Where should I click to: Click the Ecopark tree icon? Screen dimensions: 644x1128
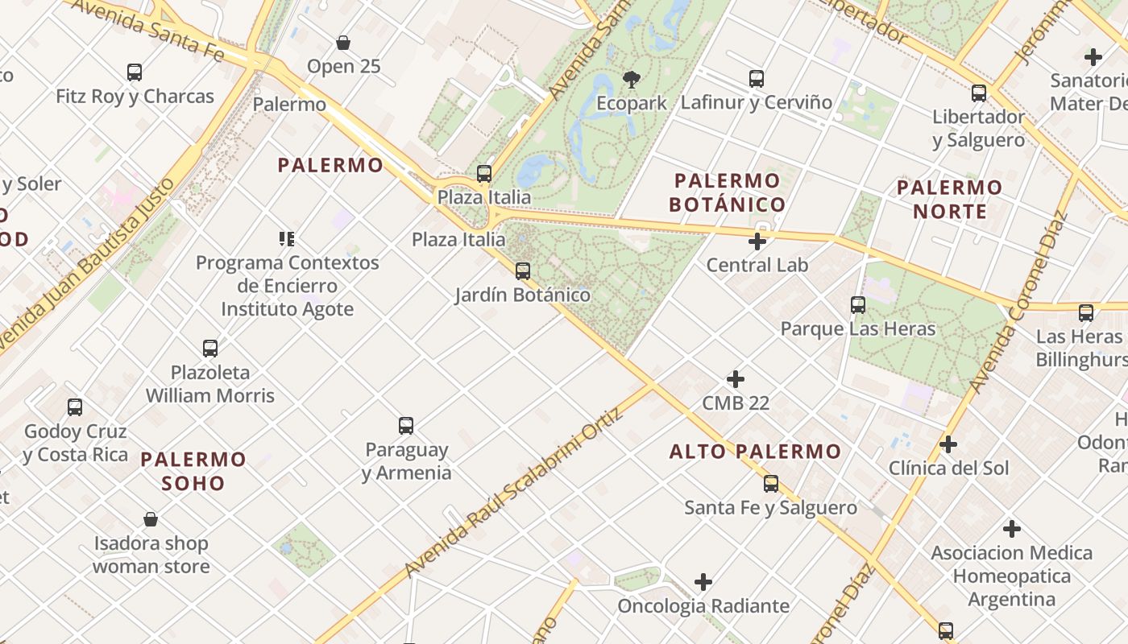tap(632, 79)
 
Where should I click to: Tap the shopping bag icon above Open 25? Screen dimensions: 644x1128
tap(343, 42)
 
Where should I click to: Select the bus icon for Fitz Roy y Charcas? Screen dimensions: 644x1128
tap(135, 72)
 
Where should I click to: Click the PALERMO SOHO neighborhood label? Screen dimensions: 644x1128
tap(193, 471)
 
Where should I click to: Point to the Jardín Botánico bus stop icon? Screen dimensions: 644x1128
tap(523, 270)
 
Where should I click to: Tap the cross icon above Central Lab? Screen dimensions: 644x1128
tap(757, 241)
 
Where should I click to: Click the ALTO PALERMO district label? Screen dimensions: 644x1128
tap(755, 452)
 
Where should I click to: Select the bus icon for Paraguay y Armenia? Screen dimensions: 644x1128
tap(406, 425)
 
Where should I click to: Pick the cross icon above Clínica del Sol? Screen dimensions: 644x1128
tap(948, 444)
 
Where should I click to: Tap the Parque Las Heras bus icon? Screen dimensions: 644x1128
tap(858, 305)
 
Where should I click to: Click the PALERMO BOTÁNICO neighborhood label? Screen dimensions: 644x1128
tap(728, 192)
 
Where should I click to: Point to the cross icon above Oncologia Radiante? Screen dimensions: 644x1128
tap(703, 581)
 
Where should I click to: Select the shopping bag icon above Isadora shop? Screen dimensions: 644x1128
tap(151, 519)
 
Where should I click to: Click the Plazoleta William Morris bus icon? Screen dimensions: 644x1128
tap(210, 348)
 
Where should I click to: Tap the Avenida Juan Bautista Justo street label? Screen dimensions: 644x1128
tap(88, 266)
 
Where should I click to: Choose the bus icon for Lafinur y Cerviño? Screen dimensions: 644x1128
tap(757, 78)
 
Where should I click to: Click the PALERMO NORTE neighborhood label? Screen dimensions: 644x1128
tap(949, 200)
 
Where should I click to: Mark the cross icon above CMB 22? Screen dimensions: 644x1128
tap(736, 378)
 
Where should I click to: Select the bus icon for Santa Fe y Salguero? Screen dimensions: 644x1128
tap(771, 483)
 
